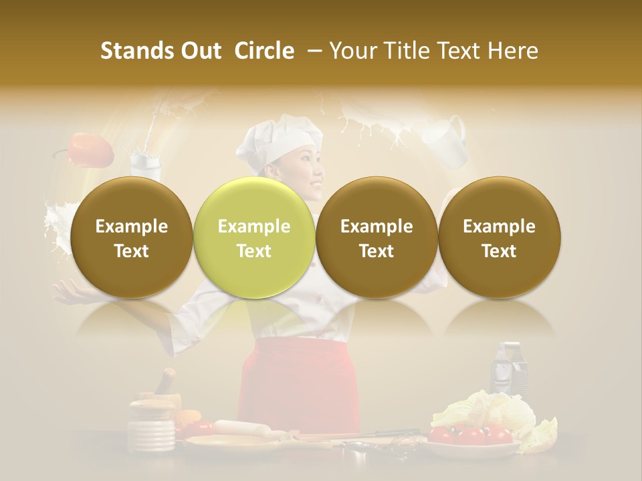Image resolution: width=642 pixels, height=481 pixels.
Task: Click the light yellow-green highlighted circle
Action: [254, 238]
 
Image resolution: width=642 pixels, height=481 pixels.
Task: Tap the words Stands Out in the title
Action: [160, 51]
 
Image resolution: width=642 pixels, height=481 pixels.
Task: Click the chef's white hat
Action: [280, 141]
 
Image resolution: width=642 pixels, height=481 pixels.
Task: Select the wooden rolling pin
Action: [240, 428]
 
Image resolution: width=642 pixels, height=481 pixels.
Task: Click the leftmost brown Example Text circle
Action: [132, 238]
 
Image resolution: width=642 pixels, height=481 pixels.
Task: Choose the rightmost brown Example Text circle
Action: [499, 238]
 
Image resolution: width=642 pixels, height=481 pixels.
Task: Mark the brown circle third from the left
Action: [377, 238]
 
